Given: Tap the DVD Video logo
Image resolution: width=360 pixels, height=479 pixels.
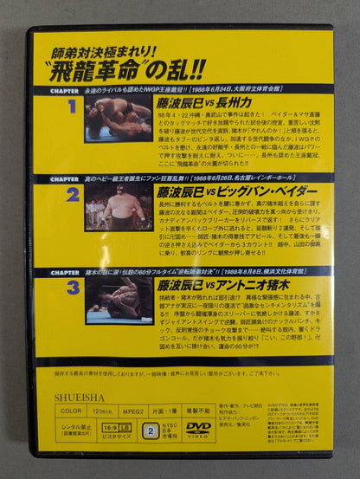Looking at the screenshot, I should click(x=198, y=427).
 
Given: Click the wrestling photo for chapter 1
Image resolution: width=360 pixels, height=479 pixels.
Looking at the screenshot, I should click(x=119, y=118).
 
